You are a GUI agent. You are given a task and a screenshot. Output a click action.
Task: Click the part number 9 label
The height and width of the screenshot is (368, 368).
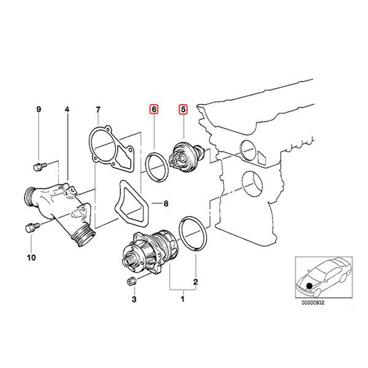click(x=38, y=110)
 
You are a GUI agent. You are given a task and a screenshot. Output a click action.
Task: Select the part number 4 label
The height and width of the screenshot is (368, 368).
click(x=67, y=110)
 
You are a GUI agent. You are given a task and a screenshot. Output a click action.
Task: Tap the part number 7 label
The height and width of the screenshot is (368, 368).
click(x=98, y=110)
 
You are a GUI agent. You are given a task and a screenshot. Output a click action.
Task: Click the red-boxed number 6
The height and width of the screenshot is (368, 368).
click(x=154, y=110)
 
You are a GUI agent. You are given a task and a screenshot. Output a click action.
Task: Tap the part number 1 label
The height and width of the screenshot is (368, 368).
click(x=182, y=299)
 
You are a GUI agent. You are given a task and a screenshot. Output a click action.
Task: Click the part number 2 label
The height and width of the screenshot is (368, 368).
click(x=196, y=283)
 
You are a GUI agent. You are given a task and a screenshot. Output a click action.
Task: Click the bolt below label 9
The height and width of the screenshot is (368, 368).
click(x=38, y=166)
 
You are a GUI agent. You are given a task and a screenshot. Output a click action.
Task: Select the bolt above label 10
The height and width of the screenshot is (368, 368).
click(x=31, y=228)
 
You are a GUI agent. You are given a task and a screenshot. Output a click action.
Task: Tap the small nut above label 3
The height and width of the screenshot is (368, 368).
click(x=131, y=281)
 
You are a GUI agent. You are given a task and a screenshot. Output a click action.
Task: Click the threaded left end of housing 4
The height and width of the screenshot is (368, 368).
click(x=28, y=198)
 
